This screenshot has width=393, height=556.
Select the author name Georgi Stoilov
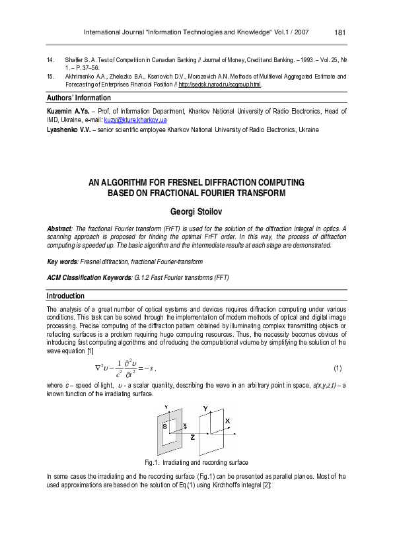[x=196, y=212]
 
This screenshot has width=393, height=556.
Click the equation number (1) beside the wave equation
[x=338, y=367]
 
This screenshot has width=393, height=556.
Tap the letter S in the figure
[x=164, y=427]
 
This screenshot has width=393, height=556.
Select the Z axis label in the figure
[x=192, y=437]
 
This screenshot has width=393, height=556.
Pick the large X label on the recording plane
[x=228, y=421]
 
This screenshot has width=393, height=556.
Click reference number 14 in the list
[x=51, y=60]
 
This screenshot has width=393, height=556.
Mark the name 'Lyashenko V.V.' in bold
[x=69, y=129]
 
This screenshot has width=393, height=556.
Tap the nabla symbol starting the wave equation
[x=97, y=366]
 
